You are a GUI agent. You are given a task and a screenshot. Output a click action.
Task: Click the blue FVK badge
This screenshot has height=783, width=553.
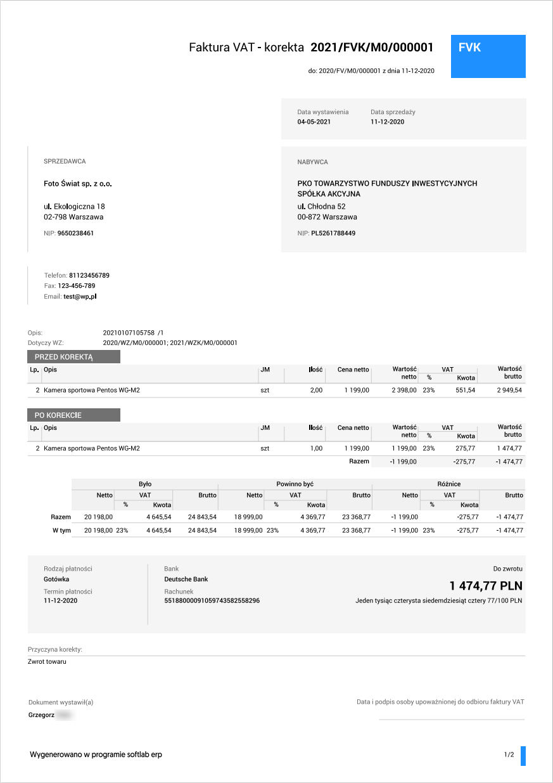[x=488, y=56]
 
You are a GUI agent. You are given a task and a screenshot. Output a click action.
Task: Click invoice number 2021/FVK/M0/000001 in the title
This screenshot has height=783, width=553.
[x=371, y=48]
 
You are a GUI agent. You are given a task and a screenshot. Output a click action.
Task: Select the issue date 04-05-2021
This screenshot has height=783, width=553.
[x=314, y=122]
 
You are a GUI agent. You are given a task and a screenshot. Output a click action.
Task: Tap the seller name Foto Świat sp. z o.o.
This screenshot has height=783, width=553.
[x=78, y=184]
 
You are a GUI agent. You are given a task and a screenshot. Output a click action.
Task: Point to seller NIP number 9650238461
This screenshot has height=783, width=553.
[x=75, y=233]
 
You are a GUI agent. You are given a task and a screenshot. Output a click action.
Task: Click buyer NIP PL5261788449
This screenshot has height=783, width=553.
[x=333, y=233]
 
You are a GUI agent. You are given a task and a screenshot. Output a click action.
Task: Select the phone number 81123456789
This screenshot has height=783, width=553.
[x=89, y=276]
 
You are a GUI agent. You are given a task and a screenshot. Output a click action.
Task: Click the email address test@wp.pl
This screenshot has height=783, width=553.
[x=80, y=296]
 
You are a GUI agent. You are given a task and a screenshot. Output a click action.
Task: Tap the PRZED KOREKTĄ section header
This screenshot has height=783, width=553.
[x=73, y=357]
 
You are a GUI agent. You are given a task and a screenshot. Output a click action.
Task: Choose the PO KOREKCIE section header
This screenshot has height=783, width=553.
[x=73, y=415]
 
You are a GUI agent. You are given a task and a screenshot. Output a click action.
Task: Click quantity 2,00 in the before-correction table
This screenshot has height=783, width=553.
[x=316, y=391]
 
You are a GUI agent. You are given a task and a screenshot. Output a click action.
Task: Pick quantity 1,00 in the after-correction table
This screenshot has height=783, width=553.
[x=316, y=449]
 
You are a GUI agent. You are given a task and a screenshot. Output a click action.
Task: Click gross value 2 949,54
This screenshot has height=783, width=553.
[x=509, y=391]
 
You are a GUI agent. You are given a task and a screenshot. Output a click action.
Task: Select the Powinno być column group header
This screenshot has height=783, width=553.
[x=295, y=484]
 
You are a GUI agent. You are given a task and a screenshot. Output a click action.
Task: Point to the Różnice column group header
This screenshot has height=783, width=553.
[x=449, y=484]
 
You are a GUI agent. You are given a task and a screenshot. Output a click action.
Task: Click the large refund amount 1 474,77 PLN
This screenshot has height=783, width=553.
[x=486, y=585]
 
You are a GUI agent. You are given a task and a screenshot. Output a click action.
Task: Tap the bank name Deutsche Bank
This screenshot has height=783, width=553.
[x=186, y=579]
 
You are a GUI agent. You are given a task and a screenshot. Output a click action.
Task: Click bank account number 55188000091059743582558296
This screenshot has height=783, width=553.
[x=212, y=600]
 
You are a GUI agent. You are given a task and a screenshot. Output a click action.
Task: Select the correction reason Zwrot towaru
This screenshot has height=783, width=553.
[x=47, y=662]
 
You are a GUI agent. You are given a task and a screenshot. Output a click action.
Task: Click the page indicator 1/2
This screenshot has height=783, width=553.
[x=509, y=755]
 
